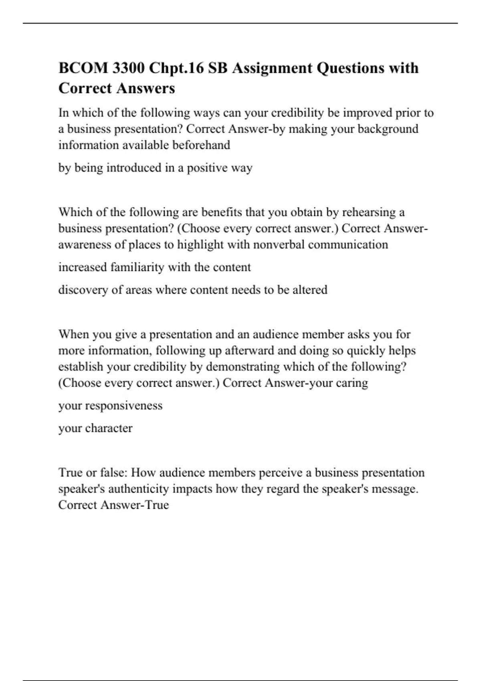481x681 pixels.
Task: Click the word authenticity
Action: (x=139, y=489)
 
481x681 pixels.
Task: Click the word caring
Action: (x=352, y=383)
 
